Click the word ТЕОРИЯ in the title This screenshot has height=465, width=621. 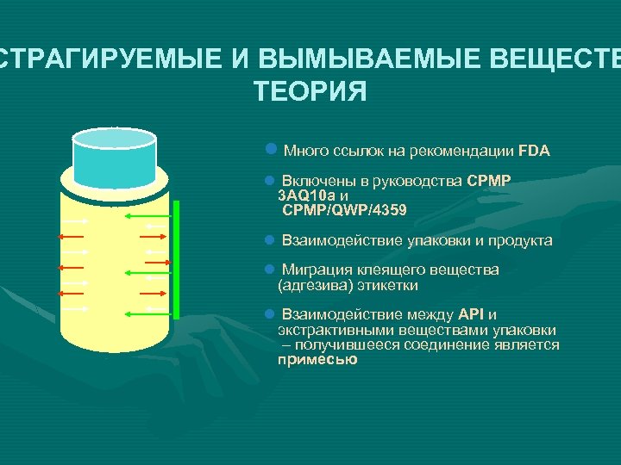tap(310, 90)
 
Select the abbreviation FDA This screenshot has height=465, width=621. tap(534, 151)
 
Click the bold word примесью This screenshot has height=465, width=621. tap(317, 360)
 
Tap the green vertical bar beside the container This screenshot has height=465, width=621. tap(176, 258)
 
